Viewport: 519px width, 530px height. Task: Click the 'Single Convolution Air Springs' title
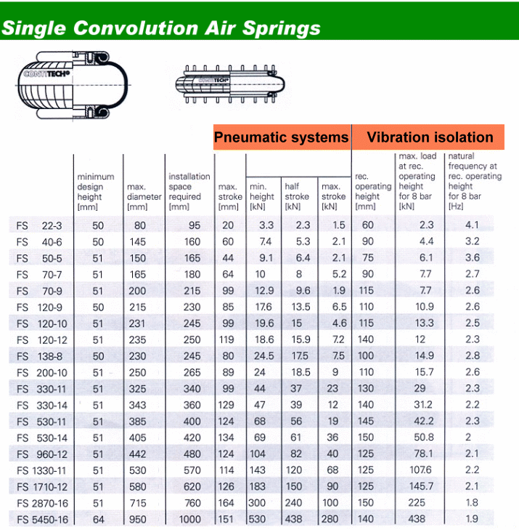(160, 28)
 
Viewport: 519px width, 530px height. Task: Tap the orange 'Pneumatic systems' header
(281, 137)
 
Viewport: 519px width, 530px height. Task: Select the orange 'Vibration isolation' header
(430, 137)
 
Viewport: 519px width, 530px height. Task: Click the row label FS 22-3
(39, 225)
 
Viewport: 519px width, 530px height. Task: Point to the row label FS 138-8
(39, 356)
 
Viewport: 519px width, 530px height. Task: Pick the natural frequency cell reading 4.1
(473, 225)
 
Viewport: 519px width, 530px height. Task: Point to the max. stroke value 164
(227, 502)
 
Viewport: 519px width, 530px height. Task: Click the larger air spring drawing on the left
(65, 84)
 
